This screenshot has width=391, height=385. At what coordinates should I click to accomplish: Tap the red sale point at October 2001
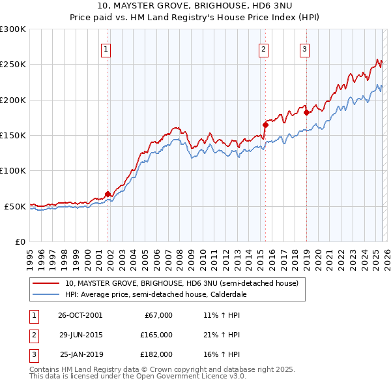(108, 194)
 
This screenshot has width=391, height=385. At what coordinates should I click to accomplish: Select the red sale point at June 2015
(265, 125)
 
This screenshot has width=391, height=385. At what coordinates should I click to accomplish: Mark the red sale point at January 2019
(306, 112)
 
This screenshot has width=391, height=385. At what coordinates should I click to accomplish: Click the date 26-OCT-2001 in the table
(80, 315)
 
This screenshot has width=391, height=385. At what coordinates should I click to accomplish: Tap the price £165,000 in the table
(156, 335)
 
